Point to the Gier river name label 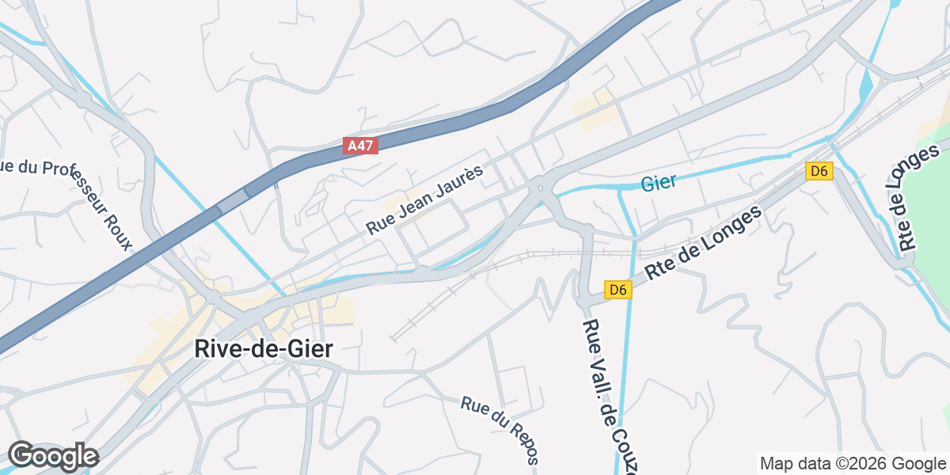(659, 183)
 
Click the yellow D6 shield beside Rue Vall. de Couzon (618, 290)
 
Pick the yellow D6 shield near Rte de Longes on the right (819, 170)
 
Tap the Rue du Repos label (500, 430)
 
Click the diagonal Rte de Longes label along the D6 (703, 241)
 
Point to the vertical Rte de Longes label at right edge (918, 197)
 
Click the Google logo (53, 456)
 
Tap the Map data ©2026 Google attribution (852, 463)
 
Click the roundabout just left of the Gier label (540, 188)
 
